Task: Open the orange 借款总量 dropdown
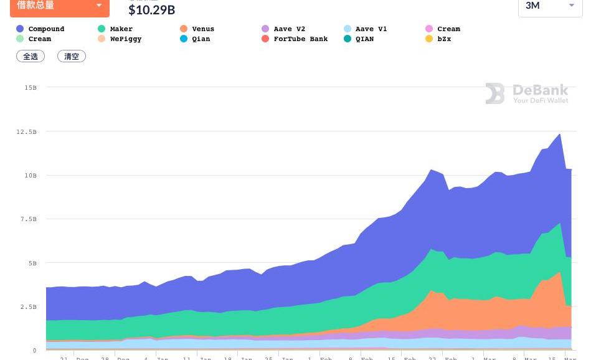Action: tap(60, 7)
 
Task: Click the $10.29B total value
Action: tap(151, 10)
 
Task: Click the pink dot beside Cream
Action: tap(428, 29)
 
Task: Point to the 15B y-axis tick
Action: tap(30, 88)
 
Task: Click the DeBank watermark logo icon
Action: tap(495, 93)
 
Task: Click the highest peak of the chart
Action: tap(560, 134)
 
